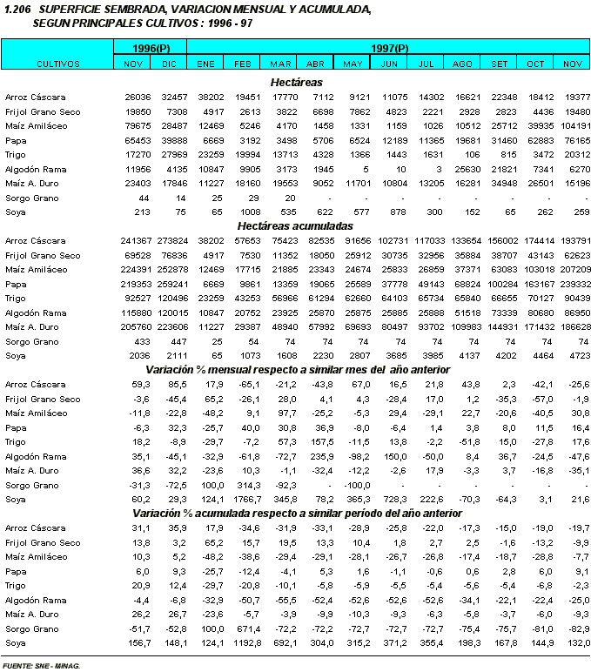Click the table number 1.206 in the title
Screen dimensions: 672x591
[x=17, y=9]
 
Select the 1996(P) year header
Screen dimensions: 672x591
[x=151, y=47]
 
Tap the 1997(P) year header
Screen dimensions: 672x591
[x=389, y=47]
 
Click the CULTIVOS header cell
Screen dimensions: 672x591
[x=58, y=64]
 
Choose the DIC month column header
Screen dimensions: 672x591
[x=169, y=64]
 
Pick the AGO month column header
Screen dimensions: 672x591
[x=463, y=64]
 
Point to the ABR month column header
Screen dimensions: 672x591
[x=316, y=64]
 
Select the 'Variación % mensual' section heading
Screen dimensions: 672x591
[x=297, y=369]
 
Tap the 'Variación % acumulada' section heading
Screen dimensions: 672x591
[x=297, y=514]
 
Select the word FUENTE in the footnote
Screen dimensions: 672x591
[x=18, y=665]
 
